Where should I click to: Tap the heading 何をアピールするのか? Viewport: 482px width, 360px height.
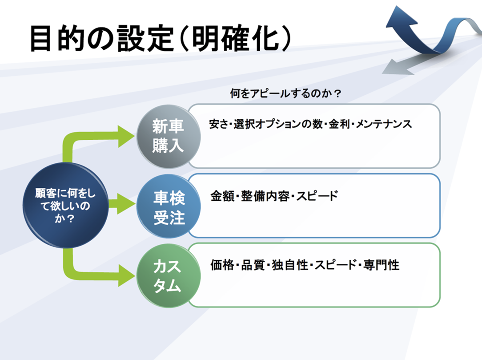point(285,94)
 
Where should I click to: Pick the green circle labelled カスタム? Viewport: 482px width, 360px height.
point(168,276)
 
